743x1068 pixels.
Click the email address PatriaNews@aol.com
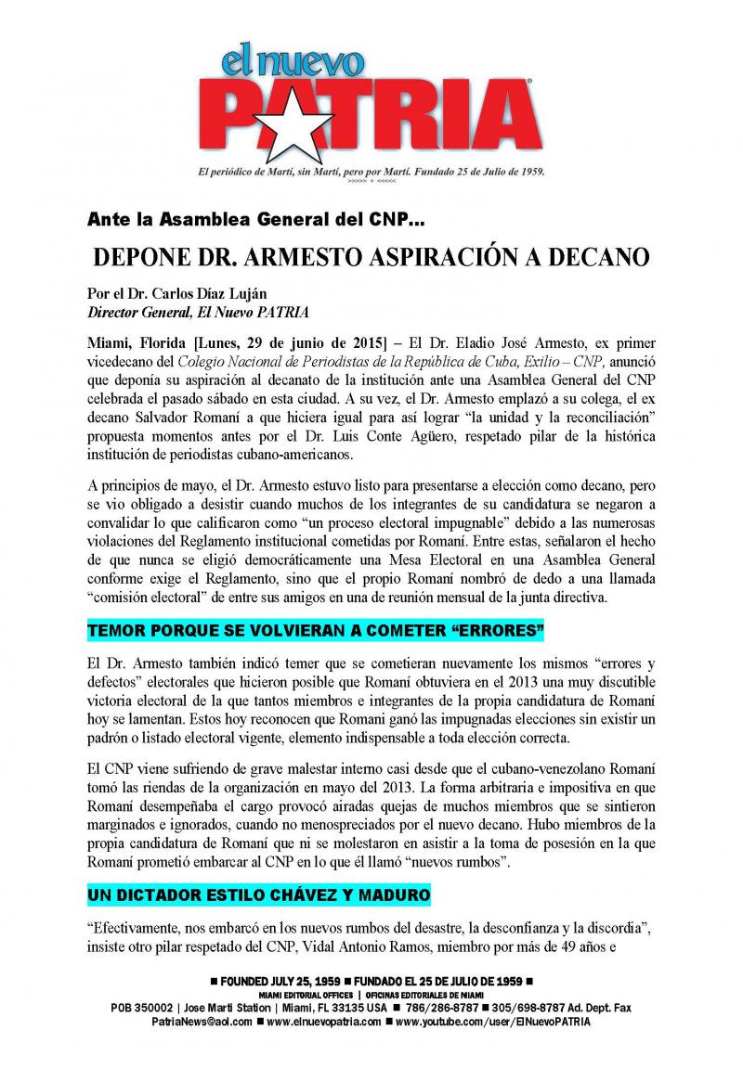pyautogui.click(x=202, y=1021)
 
